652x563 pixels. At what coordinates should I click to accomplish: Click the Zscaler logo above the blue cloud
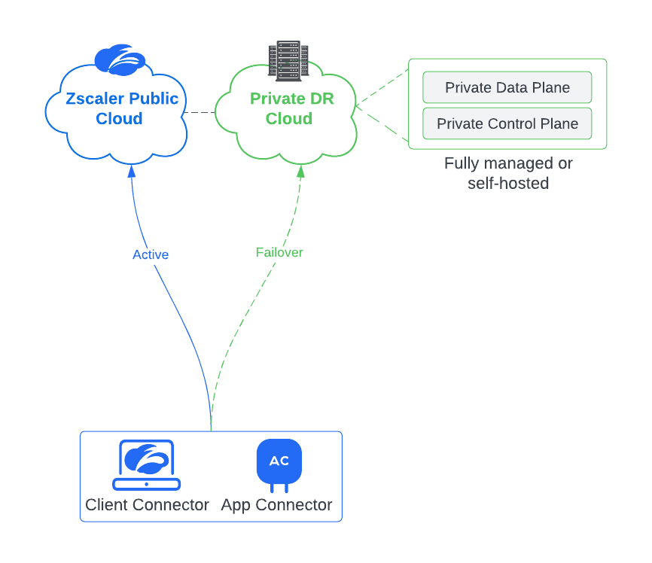tap(120, 60)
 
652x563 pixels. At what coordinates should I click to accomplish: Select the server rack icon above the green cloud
tap(288, 61)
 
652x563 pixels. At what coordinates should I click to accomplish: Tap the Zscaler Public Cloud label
tap(122, 108)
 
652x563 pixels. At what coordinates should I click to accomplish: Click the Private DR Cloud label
tap(291, 108)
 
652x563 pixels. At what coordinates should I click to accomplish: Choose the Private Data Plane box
tap(507, 87)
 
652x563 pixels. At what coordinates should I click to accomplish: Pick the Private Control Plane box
tap(507, 123)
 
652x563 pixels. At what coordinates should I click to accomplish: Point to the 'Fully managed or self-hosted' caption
tap(508, 173)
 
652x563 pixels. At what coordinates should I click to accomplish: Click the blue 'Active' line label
tap(151, 254)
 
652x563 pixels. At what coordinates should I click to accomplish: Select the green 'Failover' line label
tap(279, 252)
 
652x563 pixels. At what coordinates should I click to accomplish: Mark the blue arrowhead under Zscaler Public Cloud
tap(132, 171)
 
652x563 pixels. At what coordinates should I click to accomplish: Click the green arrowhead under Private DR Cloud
tap(301, 171)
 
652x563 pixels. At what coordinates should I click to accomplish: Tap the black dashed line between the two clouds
tap(200, 113)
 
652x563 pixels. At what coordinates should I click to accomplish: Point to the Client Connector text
tap(147, 505)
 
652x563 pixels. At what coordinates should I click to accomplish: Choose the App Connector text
tap(276, 505)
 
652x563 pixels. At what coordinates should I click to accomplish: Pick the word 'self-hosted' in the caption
tap(508, 183)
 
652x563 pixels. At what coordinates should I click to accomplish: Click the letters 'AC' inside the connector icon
tap(279, 461)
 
